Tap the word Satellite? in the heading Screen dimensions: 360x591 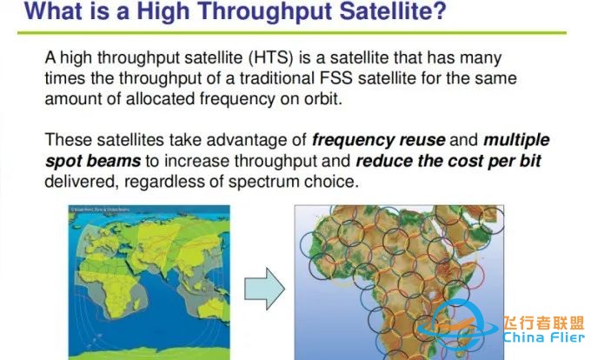pos(369,13)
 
